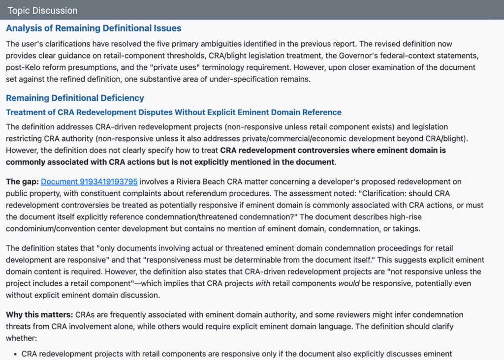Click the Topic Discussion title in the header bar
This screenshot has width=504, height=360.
tap(42, 10)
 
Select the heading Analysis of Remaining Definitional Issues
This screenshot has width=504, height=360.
tap(94, 28)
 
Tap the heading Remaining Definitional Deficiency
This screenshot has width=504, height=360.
tap(75, 98)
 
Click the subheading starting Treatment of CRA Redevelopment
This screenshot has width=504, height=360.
tap(173, 113)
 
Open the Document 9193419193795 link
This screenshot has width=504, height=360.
tap(89, 182)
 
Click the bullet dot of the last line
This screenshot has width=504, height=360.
tap(16, 354)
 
